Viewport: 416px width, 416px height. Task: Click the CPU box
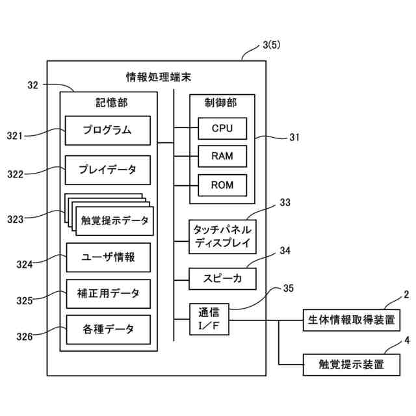point(222,129)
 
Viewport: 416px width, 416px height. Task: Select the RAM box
point(222,156)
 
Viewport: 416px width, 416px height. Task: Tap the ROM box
point(222,185)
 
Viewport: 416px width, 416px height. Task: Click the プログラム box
point(108,130)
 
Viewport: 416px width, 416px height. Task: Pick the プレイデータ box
point(108,170)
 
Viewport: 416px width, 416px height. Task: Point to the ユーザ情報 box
point(109,257)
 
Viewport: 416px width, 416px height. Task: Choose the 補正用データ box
point(109,294)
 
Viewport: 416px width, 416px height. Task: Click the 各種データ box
point(109,330)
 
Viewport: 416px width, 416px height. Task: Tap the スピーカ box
point(222,279)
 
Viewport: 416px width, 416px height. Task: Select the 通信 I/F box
point(209,319)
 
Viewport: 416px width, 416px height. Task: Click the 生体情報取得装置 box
point(352,320)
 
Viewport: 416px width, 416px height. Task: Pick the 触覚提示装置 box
point(352,365)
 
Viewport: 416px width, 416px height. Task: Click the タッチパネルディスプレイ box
point(222,237)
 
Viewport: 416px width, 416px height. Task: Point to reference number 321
point(14,136)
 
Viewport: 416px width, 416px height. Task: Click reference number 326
point(25,337)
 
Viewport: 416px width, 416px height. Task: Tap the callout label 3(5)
point(272,45)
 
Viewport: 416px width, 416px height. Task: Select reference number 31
point(294,137)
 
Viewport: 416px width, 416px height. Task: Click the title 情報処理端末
point(159,77)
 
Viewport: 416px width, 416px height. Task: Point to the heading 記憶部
point(111,103)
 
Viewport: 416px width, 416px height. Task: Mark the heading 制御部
point(221,103)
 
